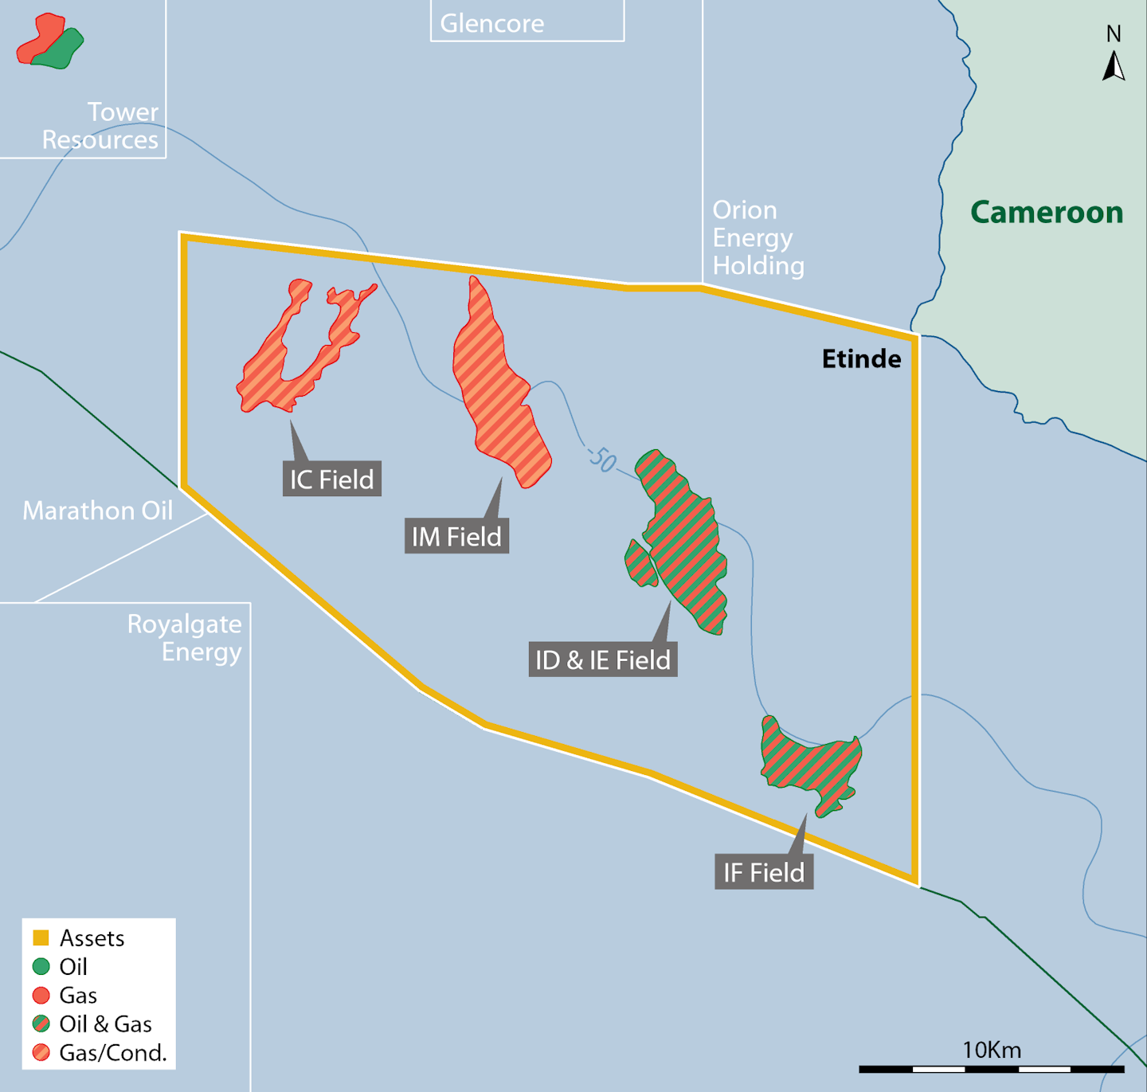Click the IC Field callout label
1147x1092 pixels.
pyautogui.click(x=331, y=479)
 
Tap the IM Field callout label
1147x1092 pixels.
pyautogui.click(x=456, y=537)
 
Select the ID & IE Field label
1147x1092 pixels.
pyautogui.click(x=603, y=660)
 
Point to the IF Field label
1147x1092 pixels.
pyautogui.click(x=764, y=873)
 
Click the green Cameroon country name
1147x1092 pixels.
pyautogui.click(x=1046, y=213)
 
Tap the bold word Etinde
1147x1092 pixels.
pyautogui.click(x=861, y=359)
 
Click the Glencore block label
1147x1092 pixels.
pyautogui.click(x=492, y=23)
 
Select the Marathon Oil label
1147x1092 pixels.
pyautogui.click(x=97, y=511)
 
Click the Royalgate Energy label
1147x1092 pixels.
pyautogui.click(x=185, y=638)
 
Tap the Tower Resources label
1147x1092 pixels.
pyautogui.click(x=100, y=126)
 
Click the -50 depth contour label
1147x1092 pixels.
pyautogui.click(x=602, y=460)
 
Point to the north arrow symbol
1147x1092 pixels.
pyautogui.click(x=1114, y=65)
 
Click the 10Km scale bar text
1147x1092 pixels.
pyautogui.click(x=991, y=1050)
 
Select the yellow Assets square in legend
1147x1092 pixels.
pyautogui.click(x=41, y=937)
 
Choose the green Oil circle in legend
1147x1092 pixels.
pyautogui.click(x=41, y=966)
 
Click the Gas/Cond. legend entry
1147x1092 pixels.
pyautogui.click(x=112, y=1053)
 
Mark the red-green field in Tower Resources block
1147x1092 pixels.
pyautogui.click(x=49, y=41)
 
